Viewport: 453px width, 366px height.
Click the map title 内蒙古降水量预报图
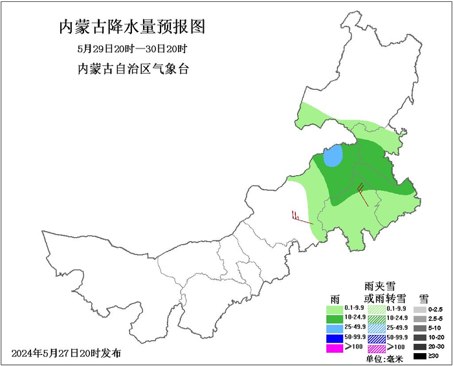pos(132,27)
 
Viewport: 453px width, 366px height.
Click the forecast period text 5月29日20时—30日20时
pos(132,49)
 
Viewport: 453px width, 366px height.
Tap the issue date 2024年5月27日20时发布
pos(66,354)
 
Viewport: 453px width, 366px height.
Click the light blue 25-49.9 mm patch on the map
pos(333,156)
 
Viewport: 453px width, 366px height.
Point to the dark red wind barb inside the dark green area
pos(363,193)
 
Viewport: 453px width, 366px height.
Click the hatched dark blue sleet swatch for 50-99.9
pos(377,338)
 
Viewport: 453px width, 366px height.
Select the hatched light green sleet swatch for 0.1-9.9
pos(377,308)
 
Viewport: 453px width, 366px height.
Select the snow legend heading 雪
pos(424,298)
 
